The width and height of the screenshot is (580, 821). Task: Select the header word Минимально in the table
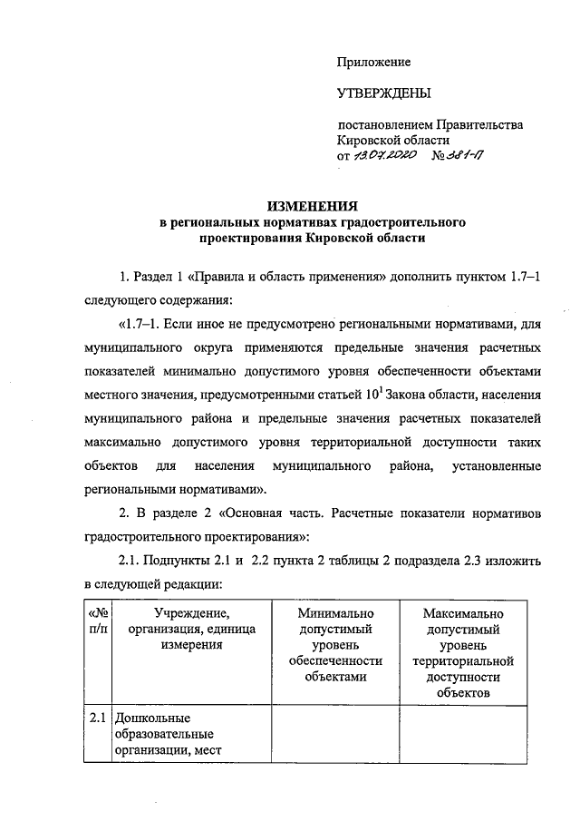(335, 614)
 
